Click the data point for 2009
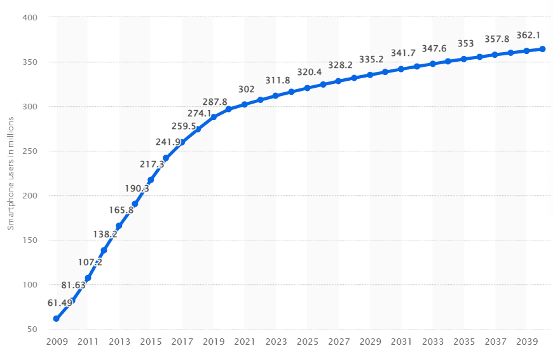56,319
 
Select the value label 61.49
60,303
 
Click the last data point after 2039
542,49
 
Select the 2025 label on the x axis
307,342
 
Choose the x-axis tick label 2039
526,342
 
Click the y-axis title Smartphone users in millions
11,174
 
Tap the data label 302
246,89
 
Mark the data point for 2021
245,104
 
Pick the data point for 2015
151,180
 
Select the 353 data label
466,44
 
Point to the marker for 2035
463,59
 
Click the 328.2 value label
340,66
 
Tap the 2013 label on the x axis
119,342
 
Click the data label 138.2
105,234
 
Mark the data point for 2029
370,75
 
